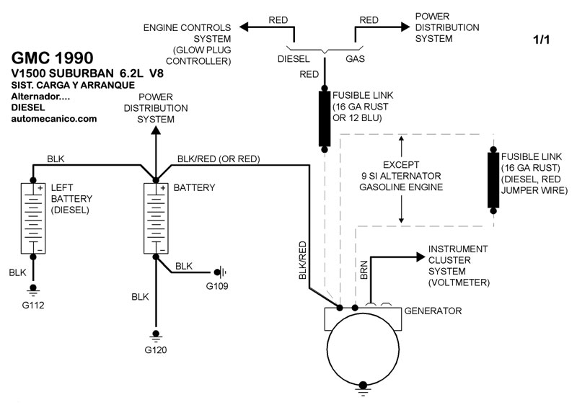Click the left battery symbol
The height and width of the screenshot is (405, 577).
click(33, 218)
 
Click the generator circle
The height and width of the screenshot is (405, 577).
click(361, 353)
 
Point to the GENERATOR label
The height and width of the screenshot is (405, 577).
click(433, 311)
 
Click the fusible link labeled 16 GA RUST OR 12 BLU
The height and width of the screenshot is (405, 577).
click(325, 119)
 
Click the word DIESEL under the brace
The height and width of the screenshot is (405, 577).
click(294, 61)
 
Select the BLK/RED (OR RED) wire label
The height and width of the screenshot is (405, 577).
click(219, 159)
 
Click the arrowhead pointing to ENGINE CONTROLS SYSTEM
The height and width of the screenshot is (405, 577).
click(244, 27)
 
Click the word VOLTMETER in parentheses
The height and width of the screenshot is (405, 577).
click(459, 282)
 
